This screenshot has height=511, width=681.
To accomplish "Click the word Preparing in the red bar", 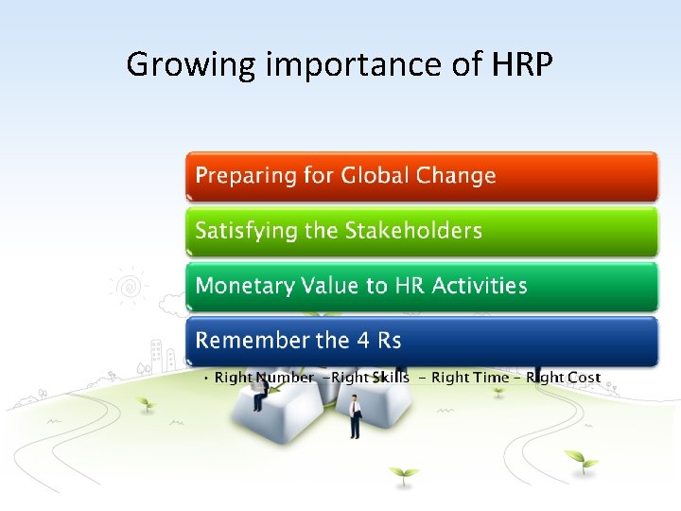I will tap(241, 176).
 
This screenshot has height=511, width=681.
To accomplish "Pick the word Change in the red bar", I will tap(457, 176).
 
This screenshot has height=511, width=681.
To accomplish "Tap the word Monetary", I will tap(243, 286).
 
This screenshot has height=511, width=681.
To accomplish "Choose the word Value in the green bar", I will tap(330, 286).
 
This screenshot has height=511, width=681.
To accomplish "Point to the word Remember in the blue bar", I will tap(247, 340).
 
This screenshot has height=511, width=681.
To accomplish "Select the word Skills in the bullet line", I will tap(390, 378).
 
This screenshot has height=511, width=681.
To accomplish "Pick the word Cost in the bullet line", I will tap(583, 378).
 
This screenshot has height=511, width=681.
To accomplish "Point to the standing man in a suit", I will tap(355, 416).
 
